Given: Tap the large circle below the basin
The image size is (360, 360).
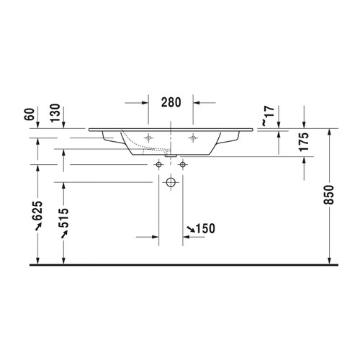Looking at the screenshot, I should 171,182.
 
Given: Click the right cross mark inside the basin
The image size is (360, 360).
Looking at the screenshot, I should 192,137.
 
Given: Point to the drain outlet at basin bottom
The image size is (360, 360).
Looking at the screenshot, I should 171,153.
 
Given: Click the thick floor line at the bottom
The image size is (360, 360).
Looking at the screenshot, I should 180,265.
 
